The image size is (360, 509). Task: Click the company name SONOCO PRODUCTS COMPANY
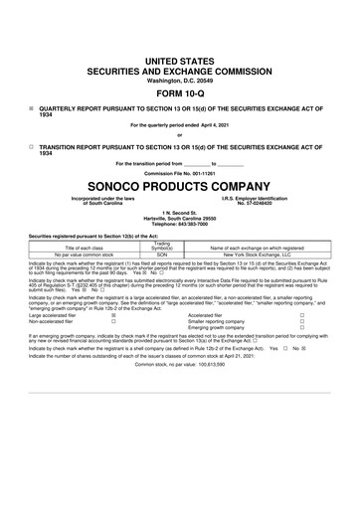point(180,184)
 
